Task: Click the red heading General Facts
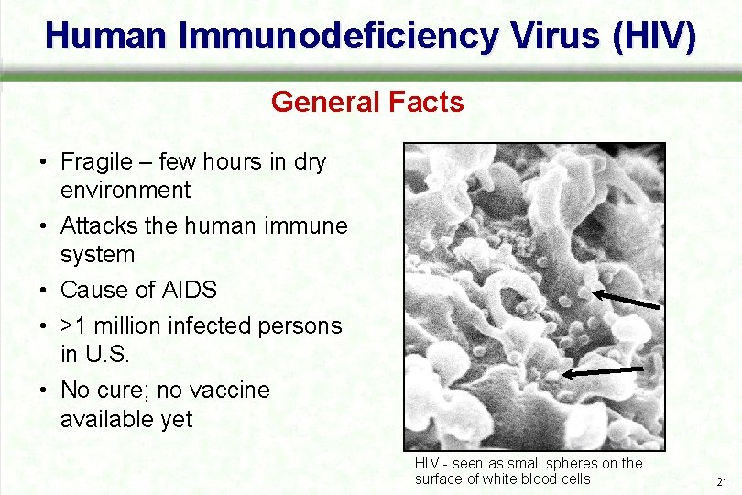tap(367, 101)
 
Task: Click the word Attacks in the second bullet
tap(95, 225)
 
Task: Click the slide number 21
tap(722, 482)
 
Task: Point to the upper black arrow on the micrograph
tap(626, 300)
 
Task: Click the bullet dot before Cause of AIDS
tap(44, 291)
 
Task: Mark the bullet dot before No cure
tap(44, 390)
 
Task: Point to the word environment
tap(125, 190)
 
